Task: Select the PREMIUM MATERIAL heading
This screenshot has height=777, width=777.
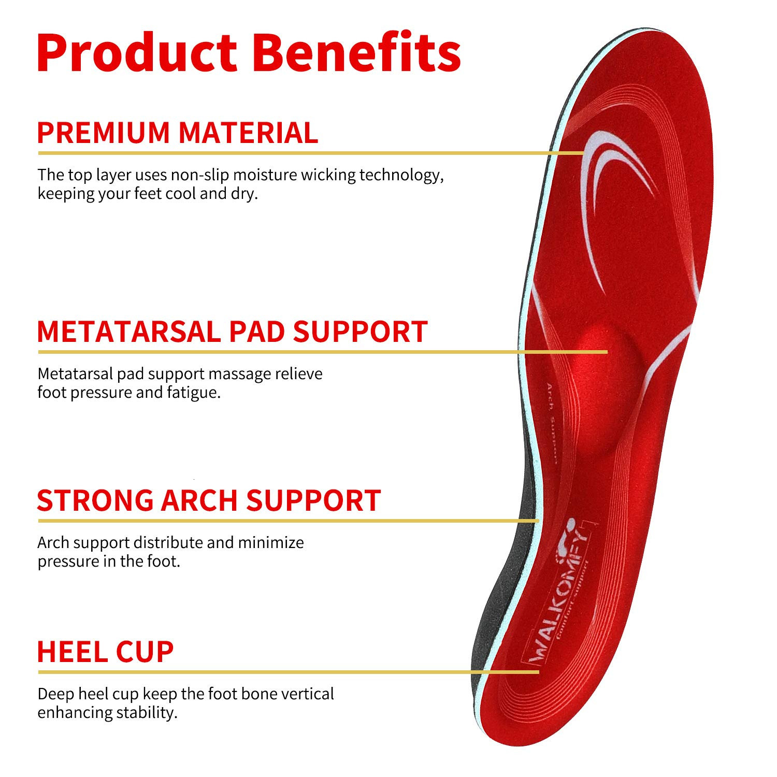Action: click(x=177, y=133)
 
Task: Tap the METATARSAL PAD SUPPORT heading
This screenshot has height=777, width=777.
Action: click(x=232, y=332)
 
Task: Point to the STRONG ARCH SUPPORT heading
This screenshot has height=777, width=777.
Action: click(x=209, y=500)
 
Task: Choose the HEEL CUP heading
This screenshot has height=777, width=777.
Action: click(x=105, y=652)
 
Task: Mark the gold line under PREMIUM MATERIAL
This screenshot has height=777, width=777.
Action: click(x=311, y=153)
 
